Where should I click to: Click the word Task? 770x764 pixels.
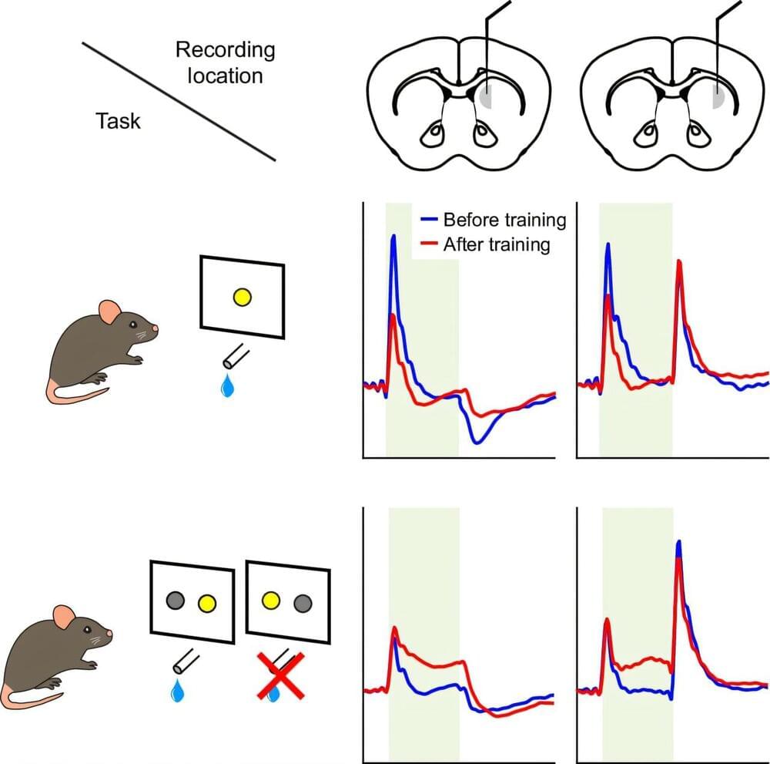coord(119,120)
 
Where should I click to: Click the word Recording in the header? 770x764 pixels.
coord(225,51)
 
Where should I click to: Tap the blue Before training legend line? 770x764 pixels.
coord(430,220)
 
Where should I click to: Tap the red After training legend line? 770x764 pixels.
coord(430,245)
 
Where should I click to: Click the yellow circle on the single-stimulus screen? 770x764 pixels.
coord(242,297)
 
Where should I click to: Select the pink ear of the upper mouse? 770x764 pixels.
coord(109,313)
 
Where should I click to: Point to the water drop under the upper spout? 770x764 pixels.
coord(227,385)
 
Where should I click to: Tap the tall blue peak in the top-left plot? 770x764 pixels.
coord(394,236)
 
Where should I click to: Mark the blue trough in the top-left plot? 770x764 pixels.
coord(479,441)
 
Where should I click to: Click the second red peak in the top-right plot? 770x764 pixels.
coord(679,264)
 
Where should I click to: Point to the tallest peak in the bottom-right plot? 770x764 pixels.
coord(678,544)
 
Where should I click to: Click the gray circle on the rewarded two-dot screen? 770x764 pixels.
coord(176,598)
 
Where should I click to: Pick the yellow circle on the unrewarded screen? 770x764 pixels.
coord(270,599)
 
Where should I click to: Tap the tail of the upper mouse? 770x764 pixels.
coord(69,395)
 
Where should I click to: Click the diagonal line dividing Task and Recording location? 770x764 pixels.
coord(179,101)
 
